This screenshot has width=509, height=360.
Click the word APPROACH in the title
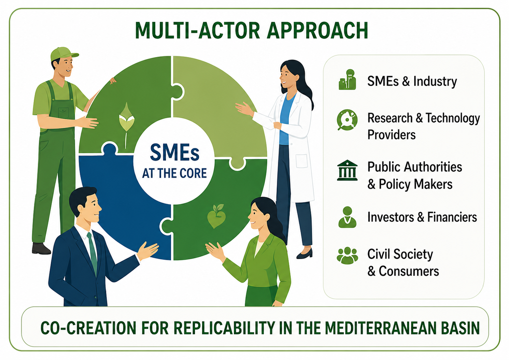(317, 31)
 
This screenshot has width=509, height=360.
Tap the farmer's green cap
(63, 54)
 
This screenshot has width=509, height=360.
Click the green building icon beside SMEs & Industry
(347, 80)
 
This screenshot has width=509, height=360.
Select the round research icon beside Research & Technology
(347, 120)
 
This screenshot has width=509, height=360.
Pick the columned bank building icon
(347, 170)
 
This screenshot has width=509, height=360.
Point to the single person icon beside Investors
(347, 217)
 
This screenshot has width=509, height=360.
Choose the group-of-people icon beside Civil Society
(347, 256)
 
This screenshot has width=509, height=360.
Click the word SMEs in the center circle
(174, 153)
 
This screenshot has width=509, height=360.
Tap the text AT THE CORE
(174, 173)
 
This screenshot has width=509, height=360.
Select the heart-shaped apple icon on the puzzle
(216, 216)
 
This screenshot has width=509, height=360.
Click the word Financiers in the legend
(452, 217)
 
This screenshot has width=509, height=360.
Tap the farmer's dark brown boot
(41, 248)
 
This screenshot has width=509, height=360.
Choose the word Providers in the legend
(392, 135)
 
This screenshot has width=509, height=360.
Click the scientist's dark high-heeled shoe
(305, 254)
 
